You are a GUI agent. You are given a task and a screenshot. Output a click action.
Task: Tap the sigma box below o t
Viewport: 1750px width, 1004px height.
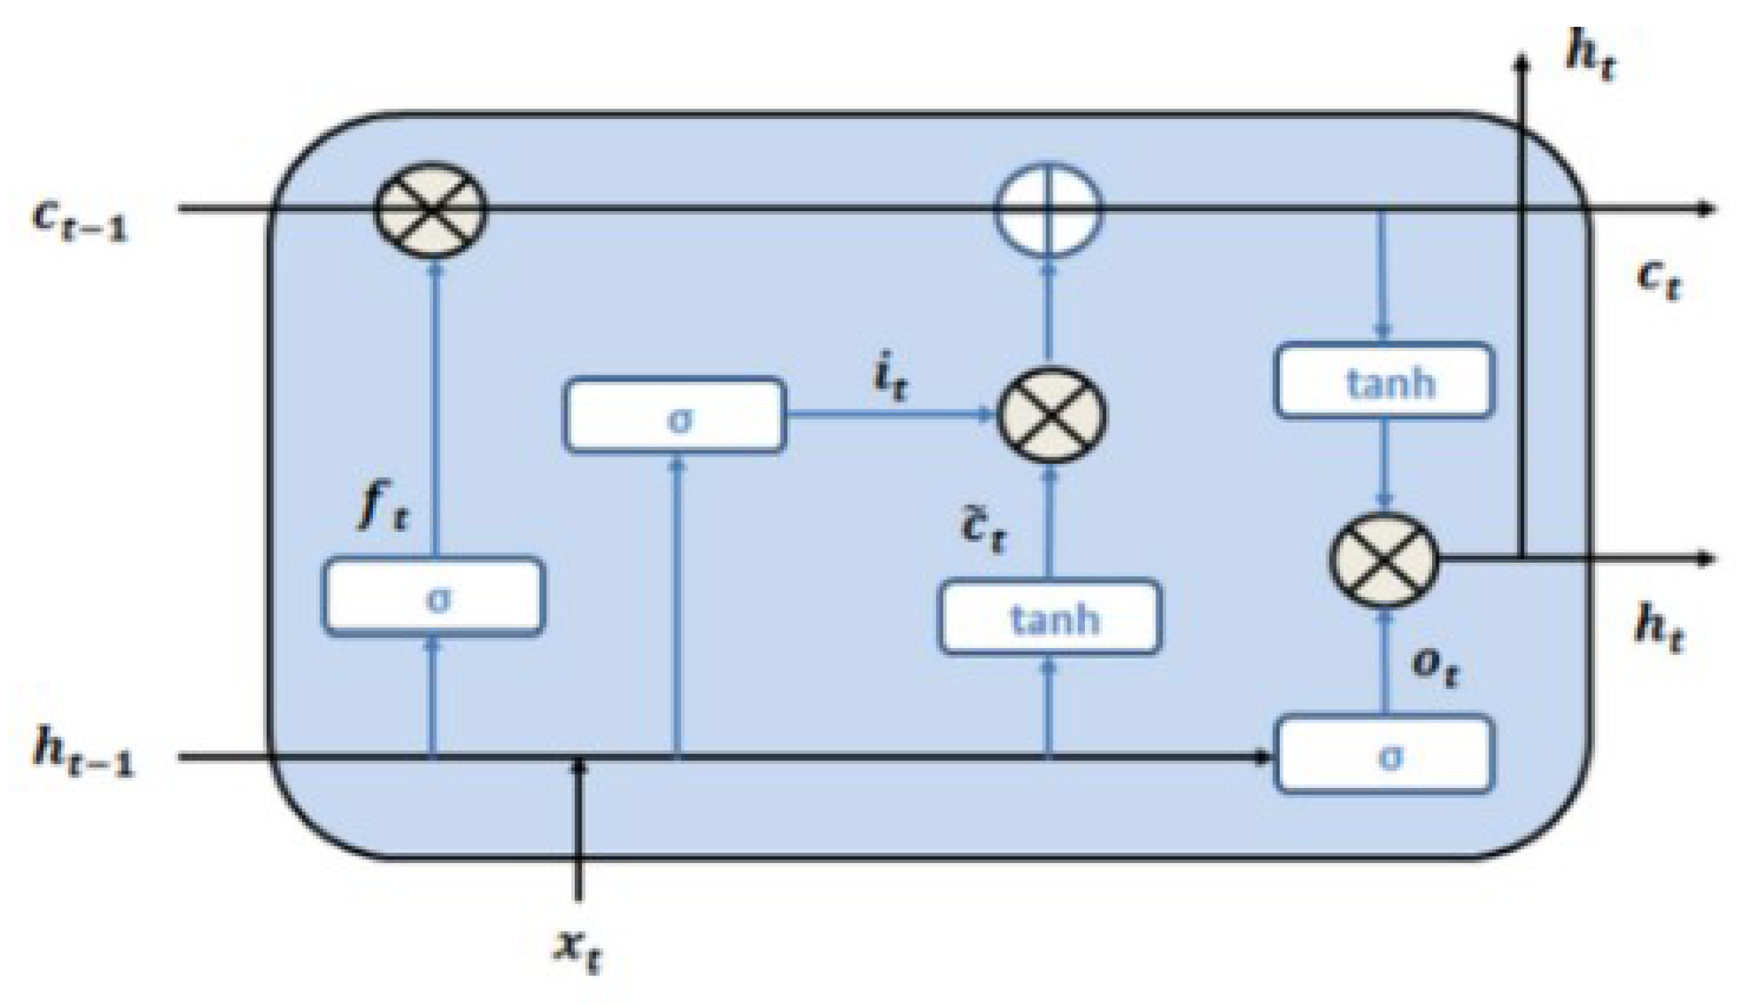pyautogui.click(x=1385, y=755)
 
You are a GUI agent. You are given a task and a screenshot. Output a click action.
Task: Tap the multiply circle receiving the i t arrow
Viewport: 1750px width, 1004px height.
pyautogui.click(x=1052, y=415)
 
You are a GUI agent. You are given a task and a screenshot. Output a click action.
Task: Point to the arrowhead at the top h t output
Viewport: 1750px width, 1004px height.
pyautogui.click(x=1522, y=63)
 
